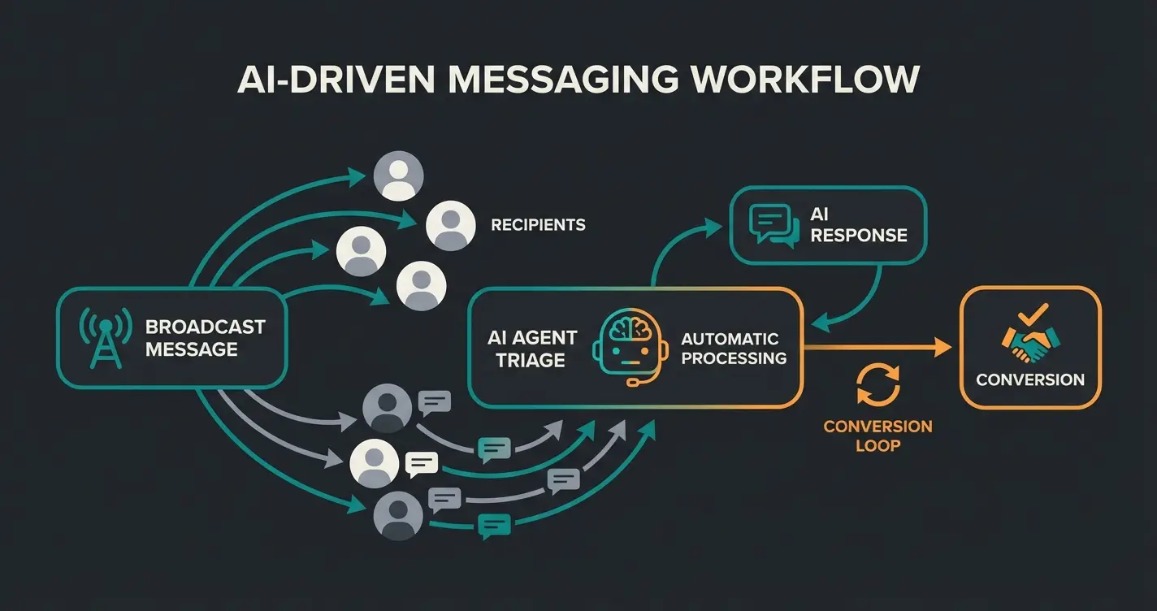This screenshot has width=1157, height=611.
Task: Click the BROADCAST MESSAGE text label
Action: [205, 338]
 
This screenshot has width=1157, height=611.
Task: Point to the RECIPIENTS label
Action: [538, 225]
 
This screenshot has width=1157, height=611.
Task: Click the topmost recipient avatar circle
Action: [398, 176]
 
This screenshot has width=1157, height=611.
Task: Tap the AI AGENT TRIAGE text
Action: [532, 349]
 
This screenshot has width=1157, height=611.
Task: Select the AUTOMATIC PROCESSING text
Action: [734, 348]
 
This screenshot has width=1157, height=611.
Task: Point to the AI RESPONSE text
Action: [858, 225]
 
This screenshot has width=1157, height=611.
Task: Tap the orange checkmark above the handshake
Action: [1034, 313]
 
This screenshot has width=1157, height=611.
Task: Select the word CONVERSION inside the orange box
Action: [1030, 380]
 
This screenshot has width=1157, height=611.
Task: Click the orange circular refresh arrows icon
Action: [878, 384]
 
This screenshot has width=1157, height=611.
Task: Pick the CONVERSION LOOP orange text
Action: [877, 435]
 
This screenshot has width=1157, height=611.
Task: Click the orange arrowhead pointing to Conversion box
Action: [942, 348]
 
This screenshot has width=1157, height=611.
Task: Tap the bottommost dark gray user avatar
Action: [398, 516]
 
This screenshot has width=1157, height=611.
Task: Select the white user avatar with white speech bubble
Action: [375, 463]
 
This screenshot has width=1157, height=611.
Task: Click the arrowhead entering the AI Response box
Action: [713, 227]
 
